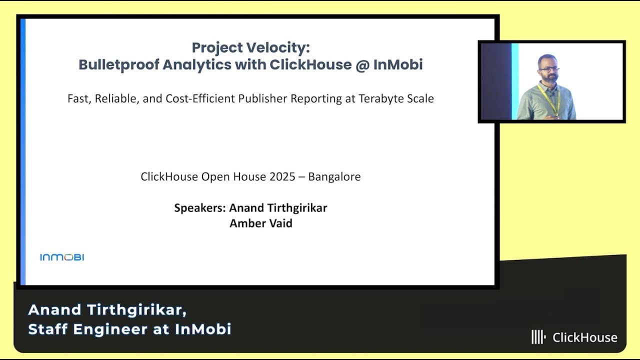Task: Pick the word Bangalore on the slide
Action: (334, 177)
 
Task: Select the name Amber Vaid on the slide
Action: (260, 223)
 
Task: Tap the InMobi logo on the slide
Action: (62, 257)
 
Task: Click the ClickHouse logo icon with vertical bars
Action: (537, 337)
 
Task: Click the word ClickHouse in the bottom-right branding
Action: (584, 337)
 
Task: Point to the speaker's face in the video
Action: (548, 68)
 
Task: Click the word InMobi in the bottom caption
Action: (203, 329)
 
